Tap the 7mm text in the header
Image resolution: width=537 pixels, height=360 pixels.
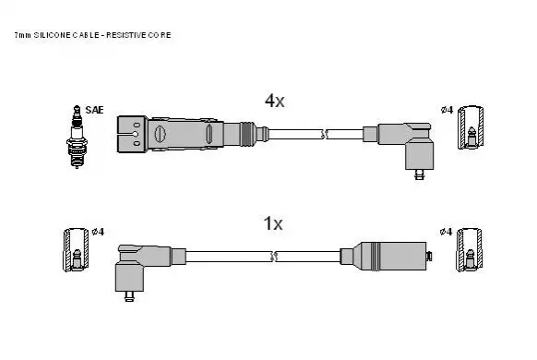pos(22,35)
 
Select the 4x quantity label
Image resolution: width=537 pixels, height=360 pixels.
pos(274,101)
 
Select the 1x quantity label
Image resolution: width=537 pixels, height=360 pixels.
pos(273,223)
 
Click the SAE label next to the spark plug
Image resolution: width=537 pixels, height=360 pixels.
pos(94,110)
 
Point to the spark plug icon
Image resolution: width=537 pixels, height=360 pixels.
pos(77,137)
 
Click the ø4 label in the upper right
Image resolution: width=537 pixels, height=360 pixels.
pos(447,110)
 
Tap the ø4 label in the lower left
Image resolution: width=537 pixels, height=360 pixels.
pos(98,232)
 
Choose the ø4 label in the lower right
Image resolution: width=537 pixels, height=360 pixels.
pos(446,232)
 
